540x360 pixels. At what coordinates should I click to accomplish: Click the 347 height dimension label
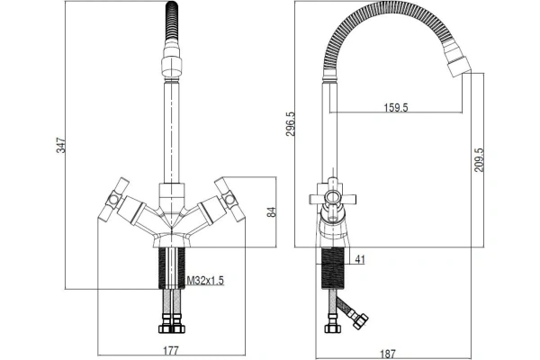(60, 146)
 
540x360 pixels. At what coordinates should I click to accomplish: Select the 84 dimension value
(272, 211)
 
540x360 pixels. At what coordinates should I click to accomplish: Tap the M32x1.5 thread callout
(205, 281)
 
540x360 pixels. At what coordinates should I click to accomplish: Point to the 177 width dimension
(171, 351)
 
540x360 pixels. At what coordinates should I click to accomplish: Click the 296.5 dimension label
(291, 123)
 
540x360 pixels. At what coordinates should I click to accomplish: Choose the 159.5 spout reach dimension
(396, 107)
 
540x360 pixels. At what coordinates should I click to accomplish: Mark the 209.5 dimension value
(479, 160)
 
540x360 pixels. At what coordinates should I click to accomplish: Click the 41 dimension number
(359, 259)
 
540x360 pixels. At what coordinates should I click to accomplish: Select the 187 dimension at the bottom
(388, 354)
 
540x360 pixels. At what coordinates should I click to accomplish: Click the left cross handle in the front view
(113, 200)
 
